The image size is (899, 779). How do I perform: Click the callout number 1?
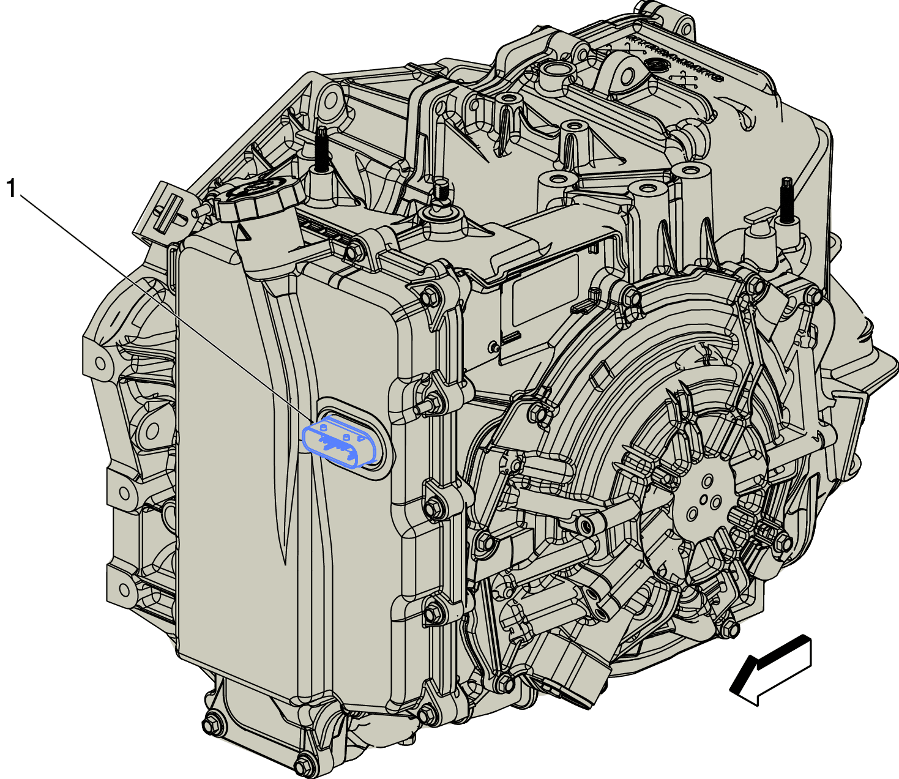pos(11,188)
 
